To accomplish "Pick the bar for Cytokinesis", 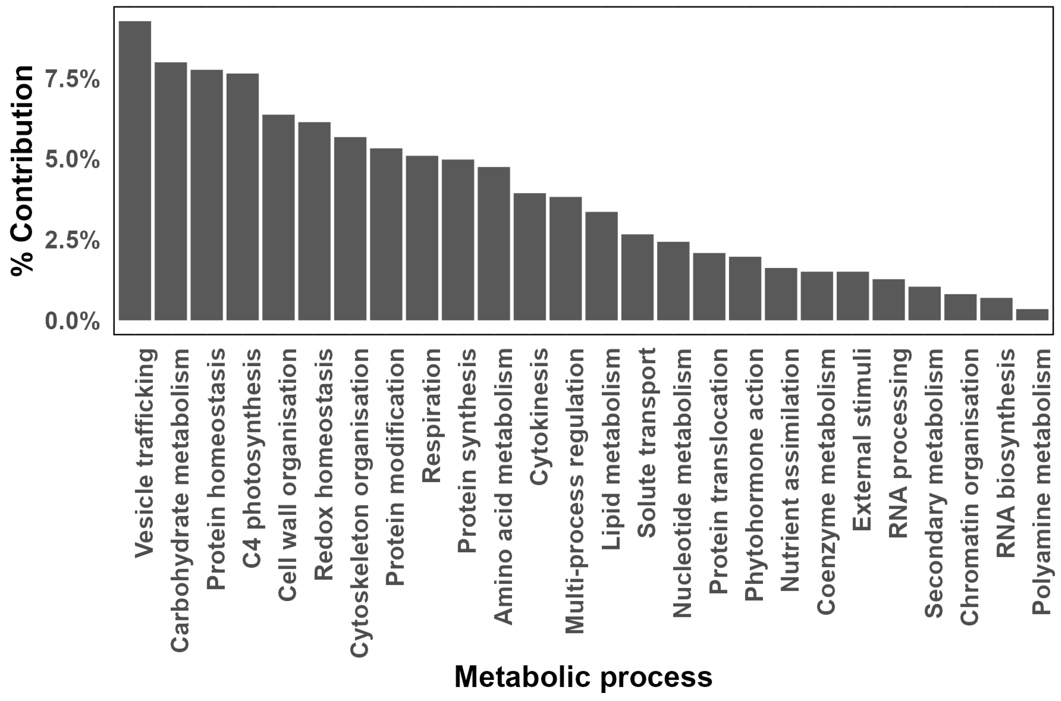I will [x=529, y=257].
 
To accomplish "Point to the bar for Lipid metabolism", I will [x=601, y=266].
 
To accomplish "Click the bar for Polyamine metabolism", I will [x=1032, y=315].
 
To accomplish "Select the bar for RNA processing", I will [x=888, y=299].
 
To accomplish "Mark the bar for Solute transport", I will [x=637, y=277].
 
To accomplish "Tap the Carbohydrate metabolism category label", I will [x=180, y=501].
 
